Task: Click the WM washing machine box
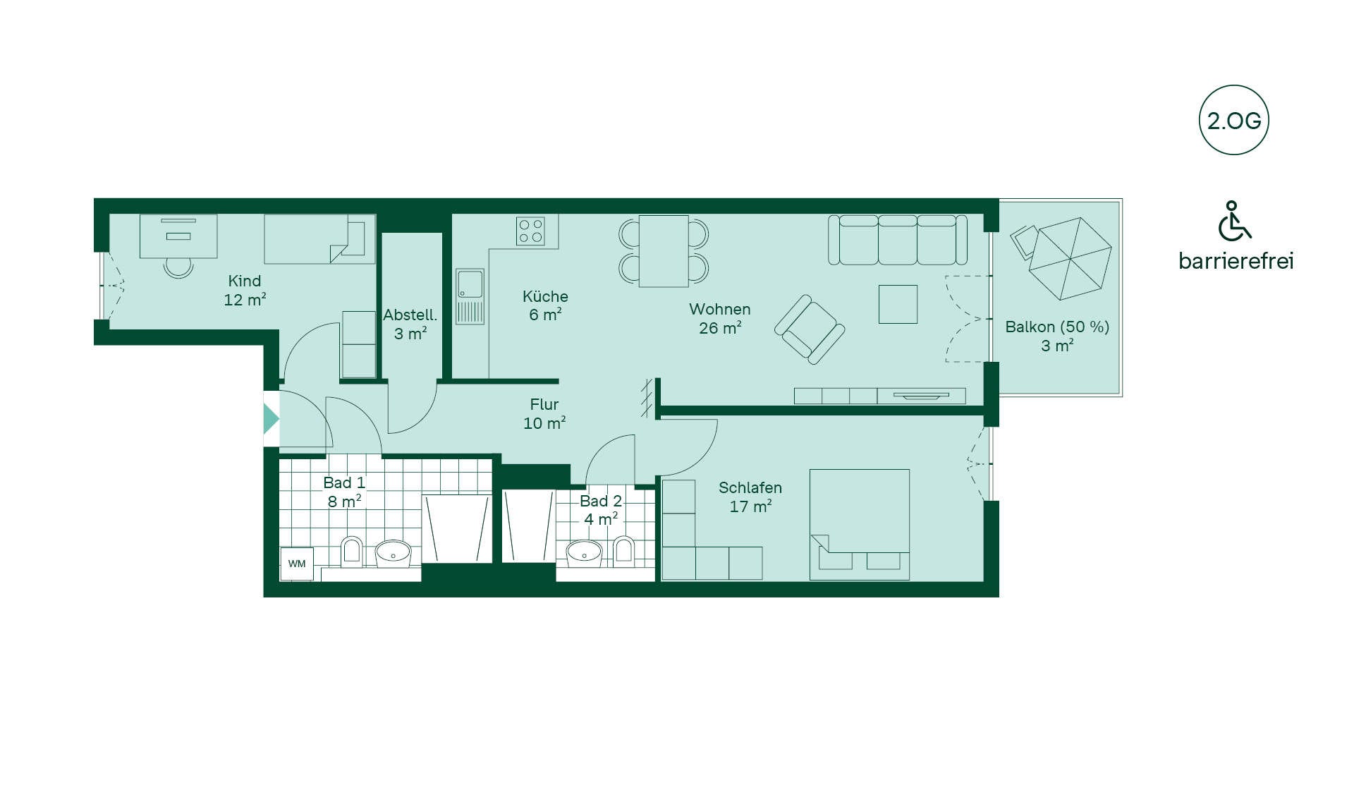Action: click(297, 564)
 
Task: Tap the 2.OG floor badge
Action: click(1233, 121)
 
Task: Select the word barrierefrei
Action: click(1236, 261)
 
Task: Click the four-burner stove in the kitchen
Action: click(530, 231)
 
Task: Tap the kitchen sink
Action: click(470, 296)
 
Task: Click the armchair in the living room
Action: click(810, 329)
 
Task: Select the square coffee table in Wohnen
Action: click(898, 304)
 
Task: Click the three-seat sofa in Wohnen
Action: click(897, 240)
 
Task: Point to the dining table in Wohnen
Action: click(664, 251)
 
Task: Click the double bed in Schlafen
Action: click(860, 524)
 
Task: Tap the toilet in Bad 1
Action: click(351, 552)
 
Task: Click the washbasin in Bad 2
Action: click(585, 554)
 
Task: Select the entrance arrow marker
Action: click(272, 419)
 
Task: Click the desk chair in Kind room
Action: click(178, 267)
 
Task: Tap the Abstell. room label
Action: click(410, 324)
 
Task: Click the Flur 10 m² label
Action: click(544, 414)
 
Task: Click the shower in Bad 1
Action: click(457, 528)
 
